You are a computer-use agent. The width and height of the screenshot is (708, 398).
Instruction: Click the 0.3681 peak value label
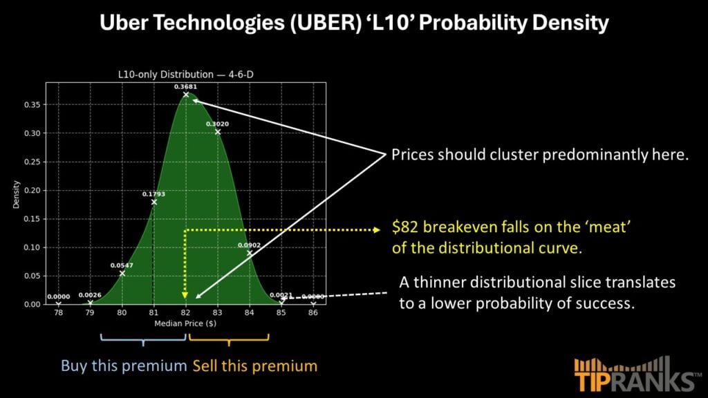coord(185,86)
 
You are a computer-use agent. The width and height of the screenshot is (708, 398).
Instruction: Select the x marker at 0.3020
coord(218,132)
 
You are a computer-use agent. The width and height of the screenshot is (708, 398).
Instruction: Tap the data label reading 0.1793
coord(153,194)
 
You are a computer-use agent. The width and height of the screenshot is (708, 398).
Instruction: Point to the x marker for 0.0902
coord(249,253)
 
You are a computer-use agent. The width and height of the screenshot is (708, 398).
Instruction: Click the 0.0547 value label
coord(122,265)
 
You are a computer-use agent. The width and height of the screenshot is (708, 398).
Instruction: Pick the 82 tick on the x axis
coord(185,312)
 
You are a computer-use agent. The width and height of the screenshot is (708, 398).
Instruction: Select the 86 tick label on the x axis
coord(313,312)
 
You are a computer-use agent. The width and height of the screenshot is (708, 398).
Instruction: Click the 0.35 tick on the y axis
coord(32,105)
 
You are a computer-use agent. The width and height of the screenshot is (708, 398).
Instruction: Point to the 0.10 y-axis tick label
coord(32,247)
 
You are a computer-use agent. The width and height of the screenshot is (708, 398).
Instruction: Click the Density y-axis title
coord(17,194)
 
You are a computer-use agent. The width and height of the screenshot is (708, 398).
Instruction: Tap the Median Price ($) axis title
coord(185,323)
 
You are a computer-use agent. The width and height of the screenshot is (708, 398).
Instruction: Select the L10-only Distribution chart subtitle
coord(185,75)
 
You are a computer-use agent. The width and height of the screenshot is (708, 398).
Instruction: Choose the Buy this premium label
coord(124,366)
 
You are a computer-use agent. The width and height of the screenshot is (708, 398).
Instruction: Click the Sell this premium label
coord(255,366)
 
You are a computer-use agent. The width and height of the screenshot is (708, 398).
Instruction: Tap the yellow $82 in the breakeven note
coord(405,227)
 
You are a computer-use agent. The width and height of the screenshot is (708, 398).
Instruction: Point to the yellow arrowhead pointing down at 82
coord(185,295)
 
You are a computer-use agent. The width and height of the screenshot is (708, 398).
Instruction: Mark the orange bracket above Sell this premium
coord(229,339)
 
